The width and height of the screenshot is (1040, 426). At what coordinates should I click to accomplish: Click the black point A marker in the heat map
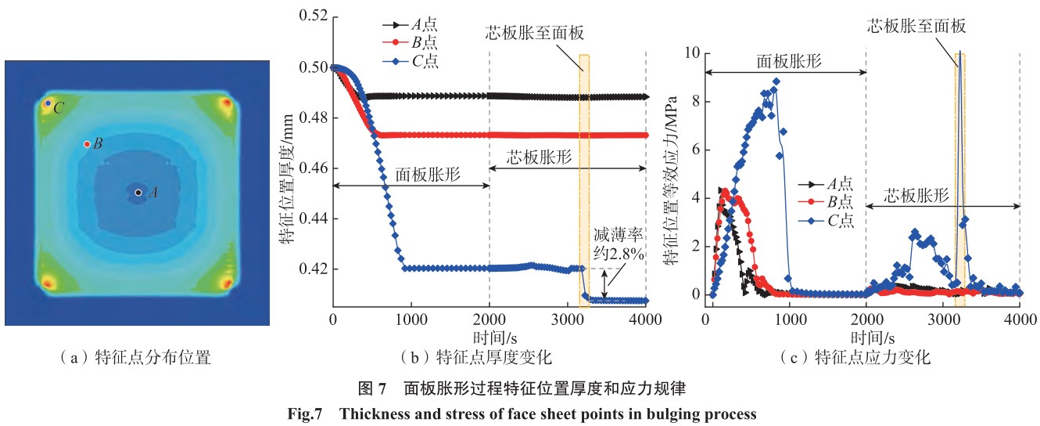coord(138,192)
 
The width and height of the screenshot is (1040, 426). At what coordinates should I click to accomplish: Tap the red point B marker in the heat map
coord(87,144)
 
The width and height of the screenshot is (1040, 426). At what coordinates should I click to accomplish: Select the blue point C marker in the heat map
coord(48,103)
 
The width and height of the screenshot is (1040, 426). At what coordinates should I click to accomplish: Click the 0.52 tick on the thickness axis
coord(313,17)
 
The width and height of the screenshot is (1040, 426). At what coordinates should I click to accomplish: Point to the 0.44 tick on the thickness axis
coord(313,218)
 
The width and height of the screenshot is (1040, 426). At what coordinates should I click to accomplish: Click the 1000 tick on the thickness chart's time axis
coord(411,319)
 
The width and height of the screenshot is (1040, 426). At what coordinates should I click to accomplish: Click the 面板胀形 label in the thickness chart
coord(426,175)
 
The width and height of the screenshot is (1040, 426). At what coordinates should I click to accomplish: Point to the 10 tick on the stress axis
coord(694,53)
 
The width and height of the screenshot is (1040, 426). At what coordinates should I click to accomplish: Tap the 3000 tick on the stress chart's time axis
coord(943,319)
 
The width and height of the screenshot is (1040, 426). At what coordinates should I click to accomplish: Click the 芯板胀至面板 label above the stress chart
coord(917,26)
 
